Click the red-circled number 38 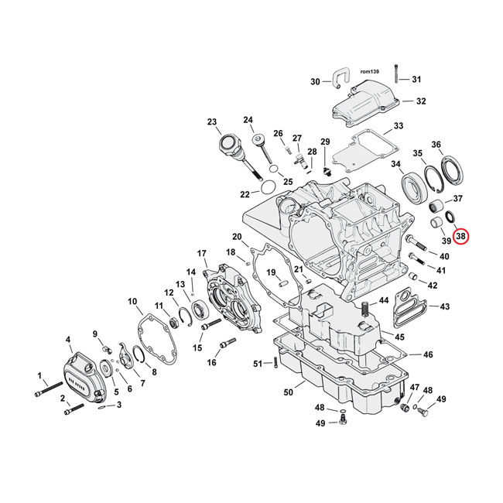point(461,236)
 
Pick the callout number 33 point(398,126)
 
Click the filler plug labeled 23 point(229,145)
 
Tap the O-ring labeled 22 point(265,187)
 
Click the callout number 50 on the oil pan point(288,393)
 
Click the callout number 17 point(202,253)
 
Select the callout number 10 point(132,301)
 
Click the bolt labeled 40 point(416,253)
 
